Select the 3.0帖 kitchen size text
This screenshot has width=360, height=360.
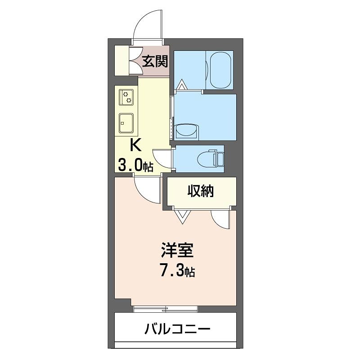pyautogui.click(x=135, y=165)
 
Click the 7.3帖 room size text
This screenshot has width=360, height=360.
pyautogui.click(x=177, y=270)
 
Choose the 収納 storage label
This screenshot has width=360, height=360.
pyautogui.click(x=201, y=191)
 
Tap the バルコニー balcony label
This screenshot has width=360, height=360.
pyautogui.click(x=177, y=329)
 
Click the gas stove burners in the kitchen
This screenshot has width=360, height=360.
pyautogui.click(x=126, y=97)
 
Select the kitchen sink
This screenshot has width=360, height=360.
pyautogui.click(x=126, y=122)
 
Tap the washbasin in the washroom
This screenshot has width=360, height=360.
pyautogui.click(x=186, y=131)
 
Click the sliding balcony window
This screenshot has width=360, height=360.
pyautogui.click(x=166, y=308)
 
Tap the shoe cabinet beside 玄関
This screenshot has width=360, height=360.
pyautogui.click(x=121, y=61)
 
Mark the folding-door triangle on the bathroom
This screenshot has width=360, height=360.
pyautogui.click(x=182, y=85)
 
